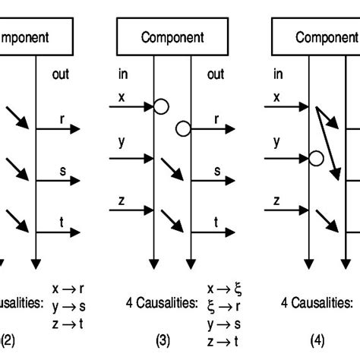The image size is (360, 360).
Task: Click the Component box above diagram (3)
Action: (171, 37)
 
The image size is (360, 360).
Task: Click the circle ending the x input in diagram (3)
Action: (161, 107)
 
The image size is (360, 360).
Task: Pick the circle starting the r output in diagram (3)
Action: (182, 129)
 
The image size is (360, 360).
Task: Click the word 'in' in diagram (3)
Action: (122, 74)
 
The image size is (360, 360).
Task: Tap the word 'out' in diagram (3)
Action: (216, 74)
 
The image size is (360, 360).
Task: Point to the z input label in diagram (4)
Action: (276, 201)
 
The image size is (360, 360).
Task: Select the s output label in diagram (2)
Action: (63, 172)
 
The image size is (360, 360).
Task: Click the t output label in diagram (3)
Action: (216, 223)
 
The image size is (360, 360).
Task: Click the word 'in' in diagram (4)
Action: (277, 74)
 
